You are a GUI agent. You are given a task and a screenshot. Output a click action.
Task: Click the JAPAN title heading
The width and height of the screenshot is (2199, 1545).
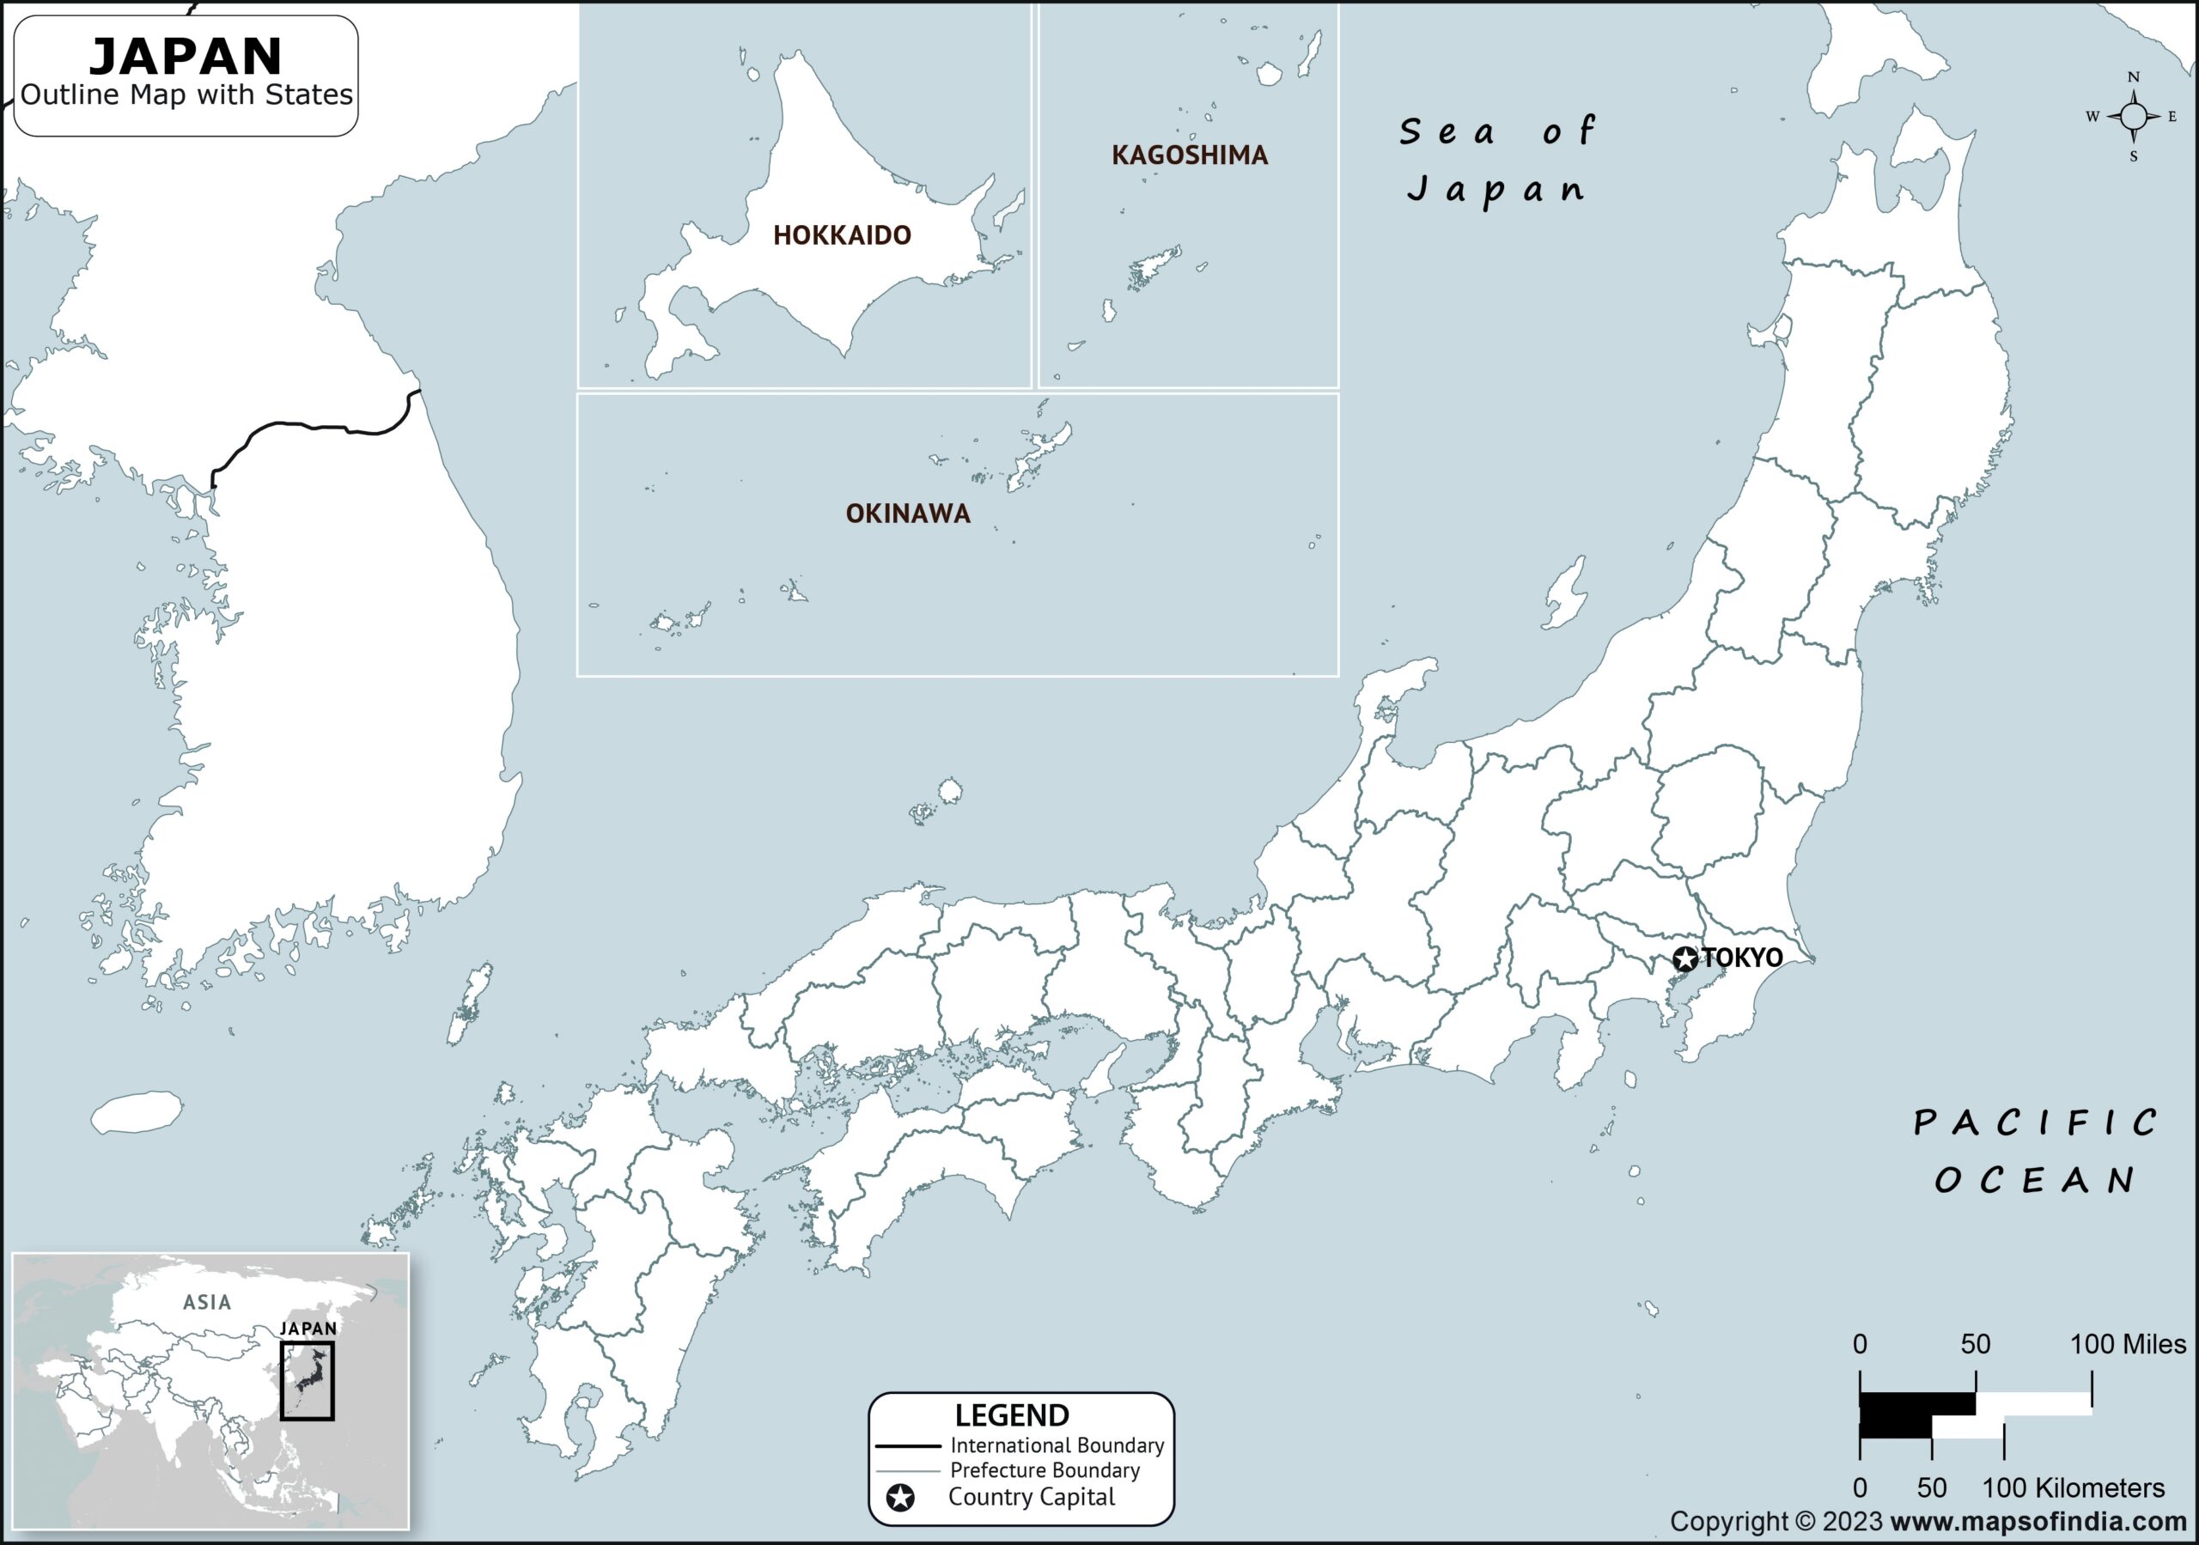coord(186,57)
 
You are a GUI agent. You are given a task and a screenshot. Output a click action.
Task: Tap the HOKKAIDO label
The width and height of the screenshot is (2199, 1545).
coord(842,235)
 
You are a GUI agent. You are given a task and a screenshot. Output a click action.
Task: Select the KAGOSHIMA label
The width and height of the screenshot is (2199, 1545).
coord(1190,155)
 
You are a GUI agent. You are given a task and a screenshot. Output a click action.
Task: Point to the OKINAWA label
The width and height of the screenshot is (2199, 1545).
coord(908,514)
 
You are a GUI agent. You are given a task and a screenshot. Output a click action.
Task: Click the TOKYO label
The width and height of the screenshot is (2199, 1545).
coord(1742,958)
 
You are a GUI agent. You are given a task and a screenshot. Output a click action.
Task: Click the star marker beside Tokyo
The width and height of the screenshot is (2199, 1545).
coord(1685,958)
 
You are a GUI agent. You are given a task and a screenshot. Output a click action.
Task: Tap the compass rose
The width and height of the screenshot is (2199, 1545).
coord(2133,117)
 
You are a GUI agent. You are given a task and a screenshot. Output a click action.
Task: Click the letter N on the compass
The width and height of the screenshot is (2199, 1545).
coord(2133,77)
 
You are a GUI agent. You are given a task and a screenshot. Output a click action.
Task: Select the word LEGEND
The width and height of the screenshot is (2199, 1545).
coord(1011,1415)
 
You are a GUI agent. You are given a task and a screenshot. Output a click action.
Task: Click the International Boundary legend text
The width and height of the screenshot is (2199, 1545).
coord(1057,1445)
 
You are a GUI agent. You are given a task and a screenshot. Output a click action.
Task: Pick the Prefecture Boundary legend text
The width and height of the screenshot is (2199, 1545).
coord(1044,1470)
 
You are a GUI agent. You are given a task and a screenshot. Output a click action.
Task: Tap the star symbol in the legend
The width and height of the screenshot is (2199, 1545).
coord(900,1498)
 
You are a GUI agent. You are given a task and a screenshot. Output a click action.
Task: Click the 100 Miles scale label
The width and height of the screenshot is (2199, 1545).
coord(2128,1345)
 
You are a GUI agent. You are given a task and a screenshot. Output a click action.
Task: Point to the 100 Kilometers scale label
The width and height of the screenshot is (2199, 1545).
coord(2073,1488)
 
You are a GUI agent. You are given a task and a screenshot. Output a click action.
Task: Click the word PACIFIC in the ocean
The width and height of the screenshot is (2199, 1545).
coord(2035,1123)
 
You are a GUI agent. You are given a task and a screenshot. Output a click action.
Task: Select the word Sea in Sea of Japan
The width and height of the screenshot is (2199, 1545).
coord(1447,132)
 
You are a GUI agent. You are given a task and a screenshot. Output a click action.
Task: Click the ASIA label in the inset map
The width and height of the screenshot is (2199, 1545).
coord(207,1303)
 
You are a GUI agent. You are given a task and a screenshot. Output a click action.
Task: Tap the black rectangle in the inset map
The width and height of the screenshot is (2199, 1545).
coord(307,1380)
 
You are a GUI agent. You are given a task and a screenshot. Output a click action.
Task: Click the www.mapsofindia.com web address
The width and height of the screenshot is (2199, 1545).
coord(2038,1522)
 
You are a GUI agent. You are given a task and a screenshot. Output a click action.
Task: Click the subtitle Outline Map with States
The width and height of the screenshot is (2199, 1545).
coord(186,94)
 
